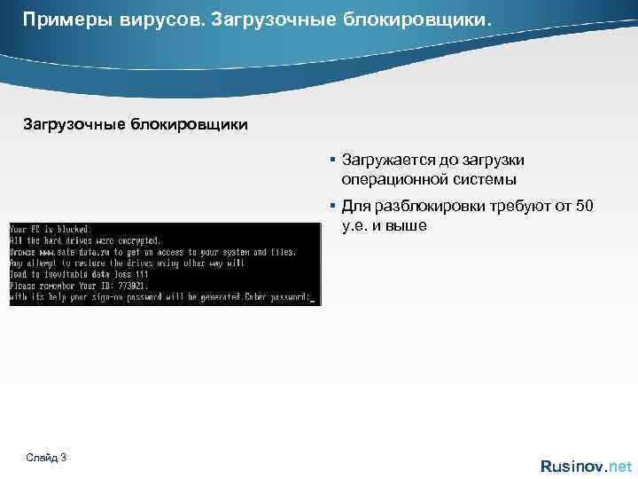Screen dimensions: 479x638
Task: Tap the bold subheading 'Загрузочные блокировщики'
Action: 136,124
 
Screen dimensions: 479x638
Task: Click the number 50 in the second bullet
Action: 585,206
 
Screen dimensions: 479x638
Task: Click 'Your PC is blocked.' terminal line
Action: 51,229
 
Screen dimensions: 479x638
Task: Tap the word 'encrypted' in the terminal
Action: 138,240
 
